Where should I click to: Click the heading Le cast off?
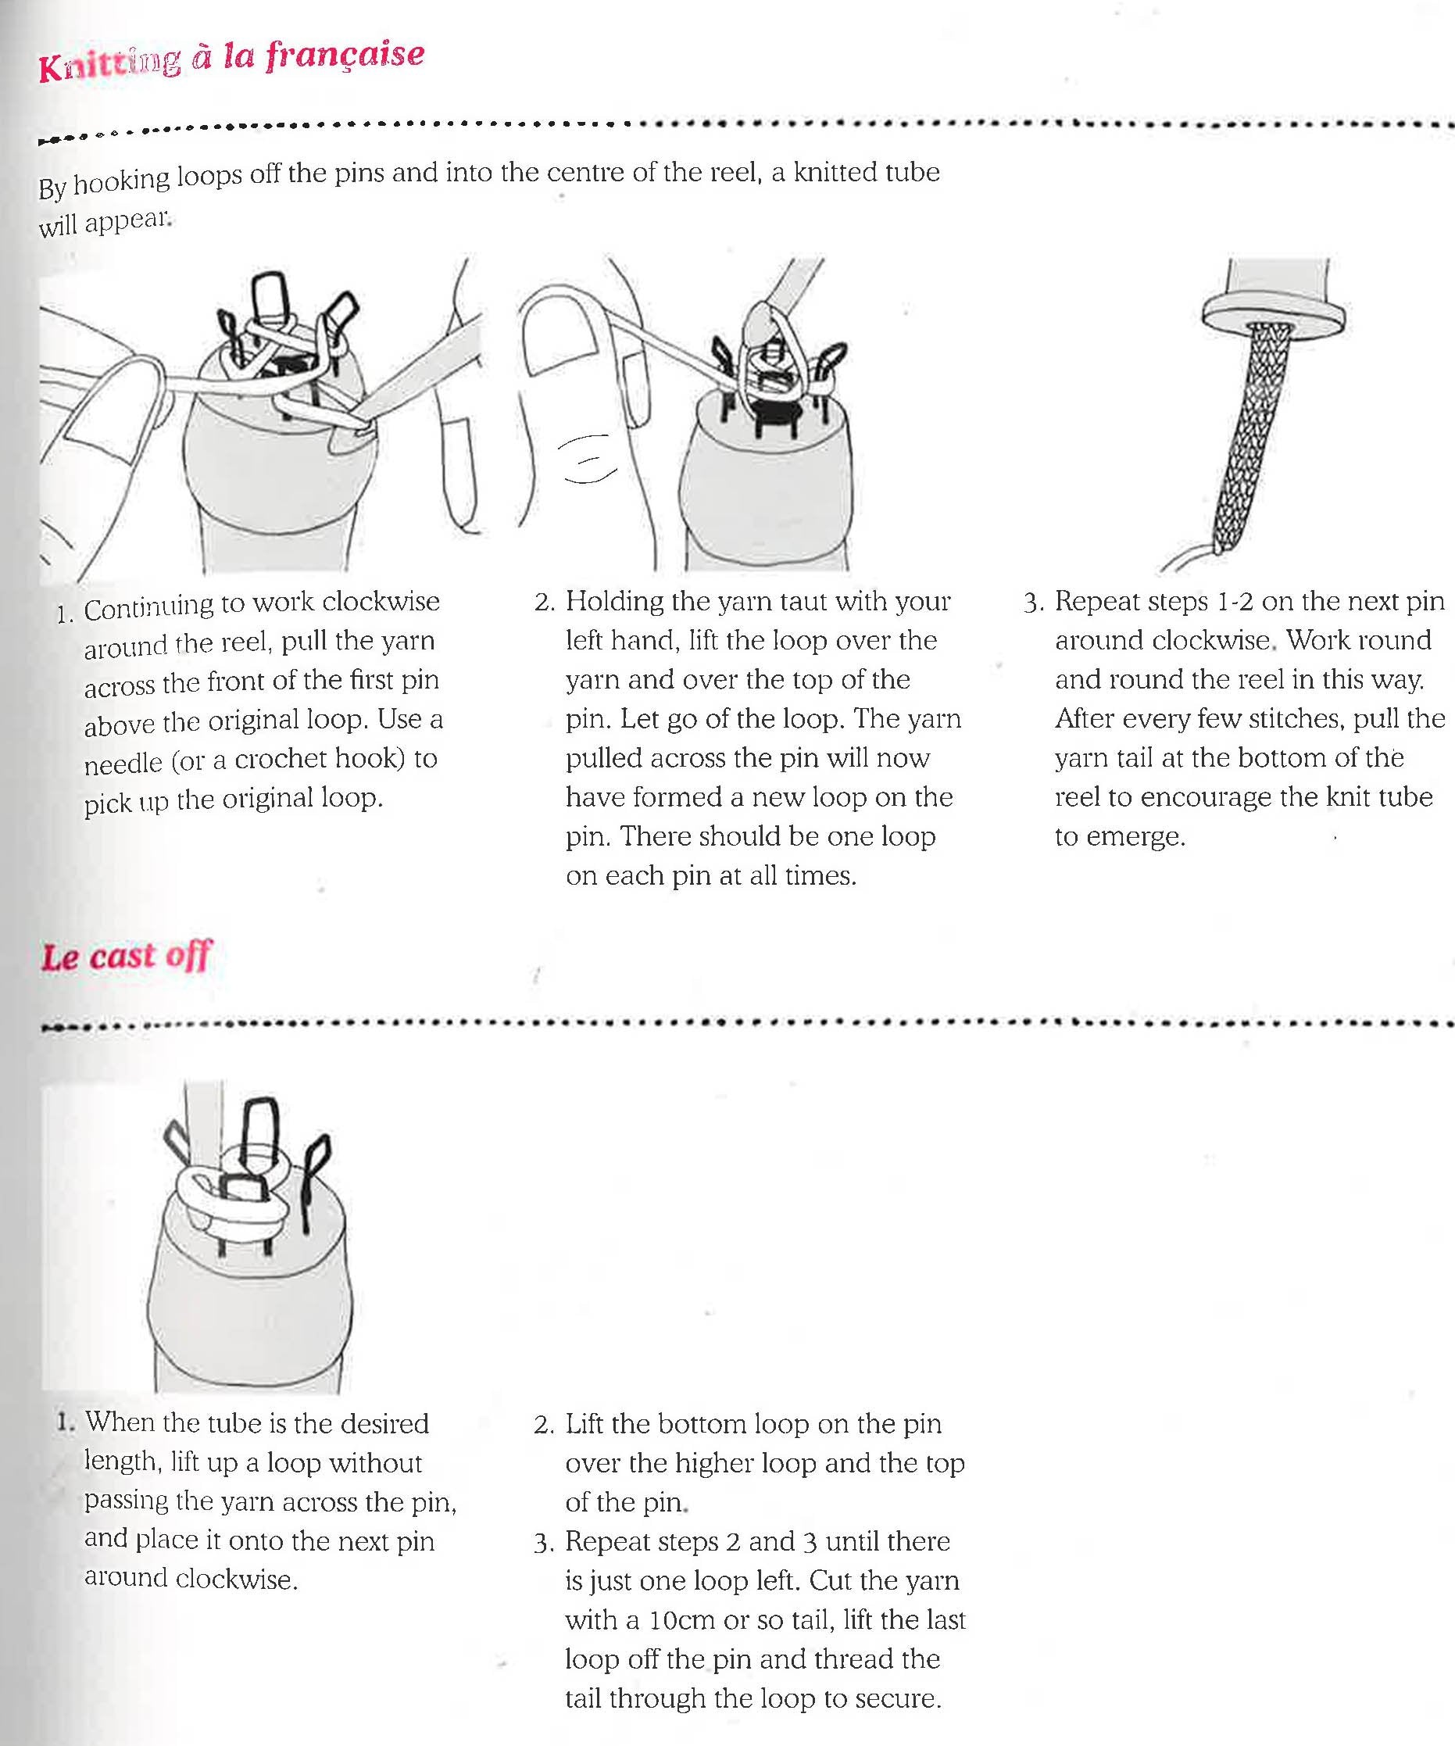click(x=127, y=956)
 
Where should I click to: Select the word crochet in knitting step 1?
click(x=281, y=759)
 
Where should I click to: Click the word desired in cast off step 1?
click(x=387, y=1424)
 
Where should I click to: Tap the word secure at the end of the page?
click(x=900, y=1698)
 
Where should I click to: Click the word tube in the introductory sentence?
click(x=913, y=172)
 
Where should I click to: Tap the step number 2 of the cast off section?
click(x=544, y=1426)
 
